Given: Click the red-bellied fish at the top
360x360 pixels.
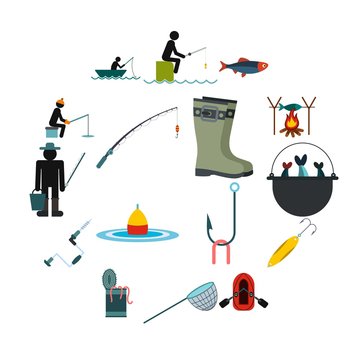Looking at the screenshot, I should tap(244, 66).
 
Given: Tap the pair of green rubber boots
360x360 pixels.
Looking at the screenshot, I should tap(222, 136).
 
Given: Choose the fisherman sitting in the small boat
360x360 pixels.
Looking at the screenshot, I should tap(116, 65).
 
